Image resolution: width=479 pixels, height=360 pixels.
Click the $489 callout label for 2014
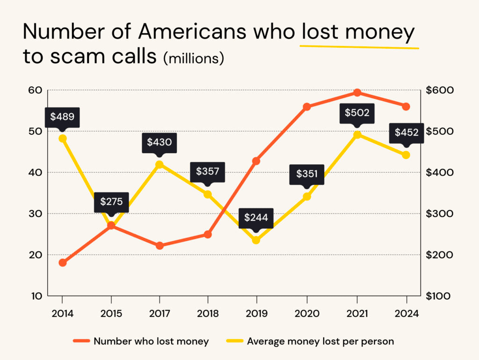62,117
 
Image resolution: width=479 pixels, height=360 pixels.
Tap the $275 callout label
111,202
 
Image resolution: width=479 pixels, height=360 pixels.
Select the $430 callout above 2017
160,142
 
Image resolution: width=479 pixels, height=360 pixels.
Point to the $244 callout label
256,218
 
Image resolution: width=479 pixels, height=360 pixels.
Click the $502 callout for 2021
357,113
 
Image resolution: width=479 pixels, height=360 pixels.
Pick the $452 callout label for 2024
406,132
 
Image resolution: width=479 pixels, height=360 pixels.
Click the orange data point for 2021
357,93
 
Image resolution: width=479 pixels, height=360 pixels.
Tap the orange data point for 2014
63,263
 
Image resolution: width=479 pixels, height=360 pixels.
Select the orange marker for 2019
256,161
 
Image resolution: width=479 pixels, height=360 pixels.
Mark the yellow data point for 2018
208,194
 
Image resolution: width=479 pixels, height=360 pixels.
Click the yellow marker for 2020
307,197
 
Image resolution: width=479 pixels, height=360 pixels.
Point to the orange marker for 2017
160,246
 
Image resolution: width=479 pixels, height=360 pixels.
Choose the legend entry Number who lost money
141,341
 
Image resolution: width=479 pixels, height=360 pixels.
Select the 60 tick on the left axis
35,90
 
